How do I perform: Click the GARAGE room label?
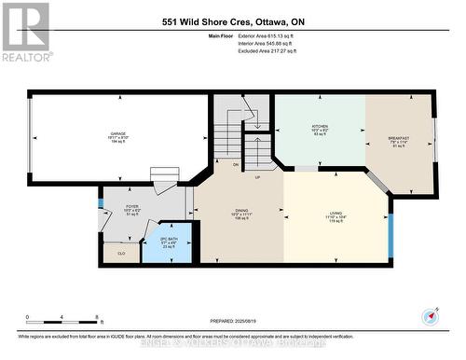pos(118,133)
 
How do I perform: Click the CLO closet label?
pos(121,253)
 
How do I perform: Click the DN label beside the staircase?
pos(235,164)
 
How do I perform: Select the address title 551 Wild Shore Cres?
pos(232,21)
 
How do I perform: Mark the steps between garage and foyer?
pos(165,179)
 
